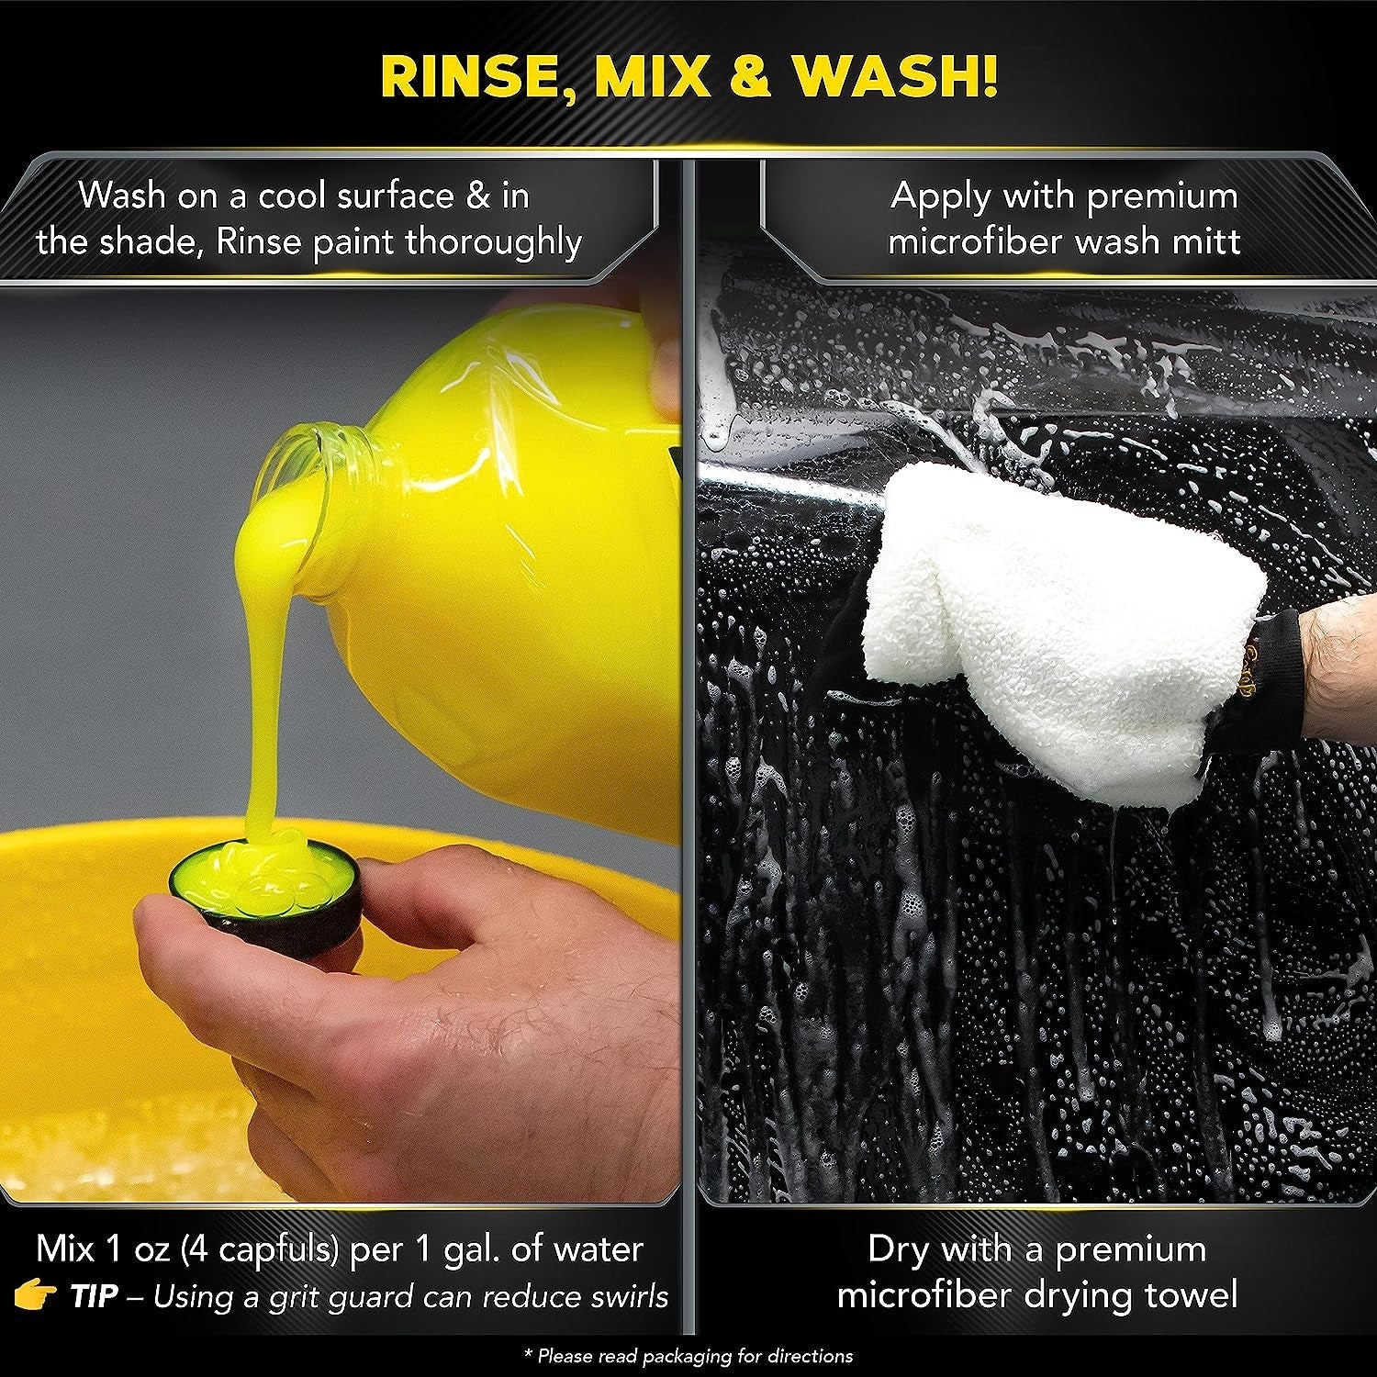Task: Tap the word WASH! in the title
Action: click(x=895, y=76)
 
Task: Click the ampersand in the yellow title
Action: click(x=751, y=76)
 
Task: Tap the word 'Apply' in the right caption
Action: click(x=941, y=196)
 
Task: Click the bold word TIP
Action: click(x=94, y=1296)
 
